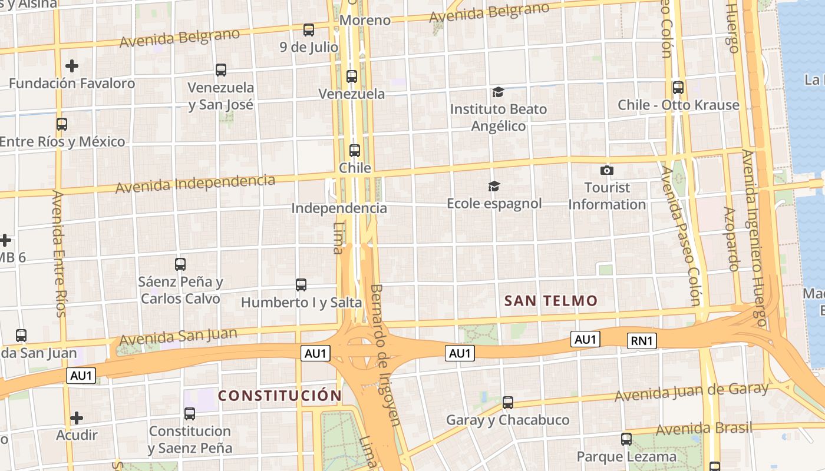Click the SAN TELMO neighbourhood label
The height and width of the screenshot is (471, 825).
coord(551,301)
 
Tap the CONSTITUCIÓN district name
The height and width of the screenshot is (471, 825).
coord(280,396)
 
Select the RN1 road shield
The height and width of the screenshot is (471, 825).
coord(642,340)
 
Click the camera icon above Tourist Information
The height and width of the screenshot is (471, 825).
coord(606,171)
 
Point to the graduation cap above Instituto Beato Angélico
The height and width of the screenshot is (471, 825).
coord(499,92)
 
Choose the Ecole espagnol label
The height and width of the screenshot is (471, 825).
coord(494,204)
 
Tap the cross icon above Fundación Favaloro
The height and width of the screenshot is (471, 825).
coord(72,65)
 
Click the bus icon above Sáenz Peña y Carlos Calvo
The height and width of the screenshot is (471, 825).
coord(180,264)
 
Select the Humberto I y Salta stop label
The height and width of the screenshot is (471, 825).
coord(301,303)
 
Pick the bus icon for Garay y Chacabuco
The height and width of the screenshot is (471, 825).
coord(508,403)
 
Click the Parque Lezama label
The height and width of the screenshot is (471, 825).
coord(626,456)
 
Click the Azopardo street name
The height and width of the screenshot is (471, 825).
coord(731,238)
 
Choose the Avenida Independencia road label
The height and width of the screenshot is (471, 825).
coord(195,184)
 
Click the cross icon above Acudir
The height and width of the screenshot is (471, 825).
coord(77,418)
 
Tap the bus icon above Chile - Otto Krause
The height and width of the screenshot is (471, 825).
coord(678,88)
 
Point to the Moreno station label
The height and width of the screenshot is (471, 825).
coord(365,21)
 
